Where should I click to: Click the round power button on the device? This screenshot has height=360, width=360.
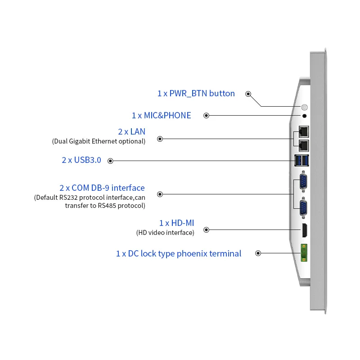(x=304, y=108)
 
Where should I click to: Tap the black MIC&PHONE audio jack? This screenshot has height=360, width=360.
(x=304, y=116)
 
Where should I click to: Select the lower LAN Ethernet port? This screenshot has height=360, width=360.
(x=303, y=145)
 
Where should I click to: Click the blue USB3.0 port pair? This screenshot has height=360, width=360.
(x=302, y=160)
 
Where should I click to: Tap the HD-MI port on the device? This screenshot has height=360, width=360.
(x=304, y=230)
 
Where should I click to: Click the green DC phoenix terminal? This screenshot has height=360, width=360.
(x=304, y=253)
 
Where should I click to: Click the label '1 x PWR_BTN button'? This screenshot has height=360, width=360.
(x=196, y=94)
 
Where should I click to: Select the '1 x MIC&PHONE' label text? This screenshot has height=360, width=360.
(x=161, y=116)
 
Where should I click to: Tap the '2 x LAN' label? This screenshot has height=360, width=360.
(x=131, y=132)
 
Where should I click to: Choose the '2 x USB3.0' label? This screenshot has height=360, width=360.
(x=81, y=160)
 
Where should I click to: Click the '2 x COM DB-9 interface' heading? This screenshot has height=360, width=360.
(x=102, y=188)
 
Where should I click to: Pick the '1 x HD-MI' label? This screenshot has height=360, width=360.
(x=176, y=223)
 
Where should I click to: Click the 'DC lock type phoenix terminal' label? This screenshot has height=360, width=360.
(x=178, y=254)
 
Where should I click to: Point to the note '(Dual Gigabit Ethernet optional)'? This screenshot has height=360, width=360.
(x=99, y=141)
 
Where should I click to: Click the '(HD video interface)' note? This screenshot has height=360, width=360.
(x=165, y=233)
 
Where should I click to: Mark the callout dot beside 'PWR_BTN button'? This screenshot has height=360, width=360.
(x=248, y=94)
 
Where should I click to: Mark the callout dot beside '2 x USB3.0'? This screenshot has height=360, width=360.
(x=111, y=161)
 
